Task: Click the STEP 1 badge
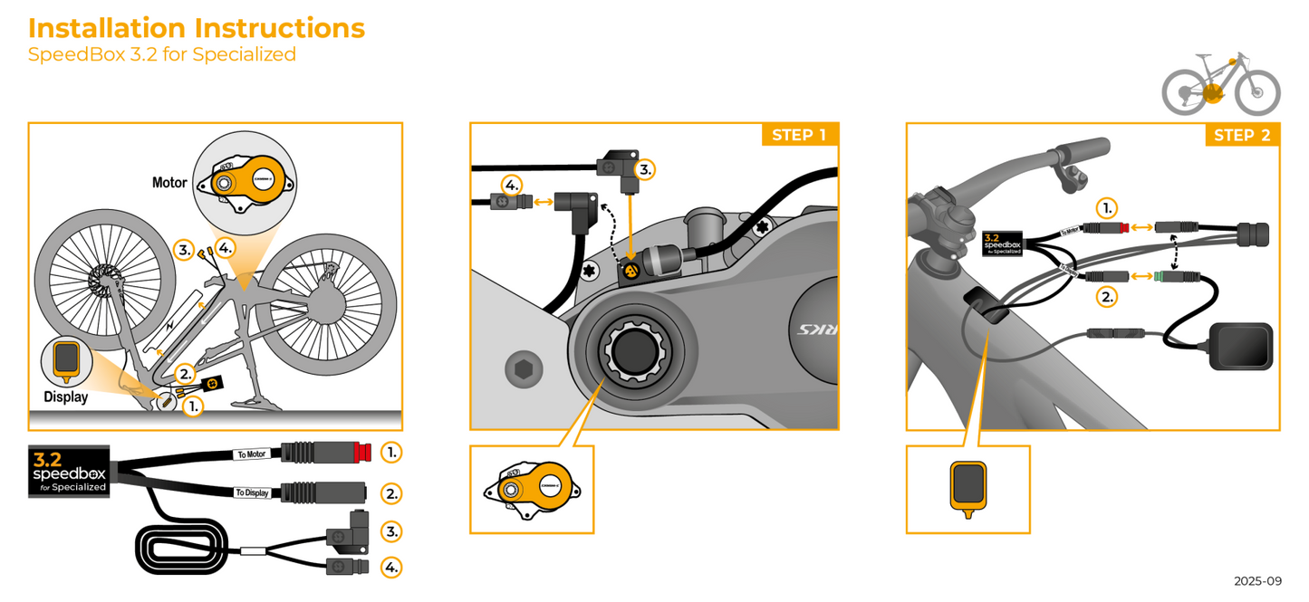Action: point(798,136)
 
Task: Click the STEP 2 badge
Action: point(1241,136)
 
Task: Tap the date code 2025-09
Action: point(1256,581)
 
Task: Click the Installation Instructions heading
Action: point(197,28)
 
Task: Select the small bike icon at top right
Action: point(1220,83)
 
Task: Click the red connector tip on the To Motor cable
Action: point(363,451)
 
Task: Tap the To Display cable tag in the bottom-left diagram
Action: point(252,492)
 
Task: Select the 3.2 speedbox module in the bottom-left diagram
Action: point(69,470)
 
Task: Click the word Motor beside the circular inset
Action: point(169,183)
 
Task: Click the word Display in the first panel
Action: point(65,397)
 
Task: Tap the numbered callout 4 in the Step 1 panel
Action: point(511,186)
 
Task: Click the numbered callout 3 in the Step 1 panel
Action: point(644,169)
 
